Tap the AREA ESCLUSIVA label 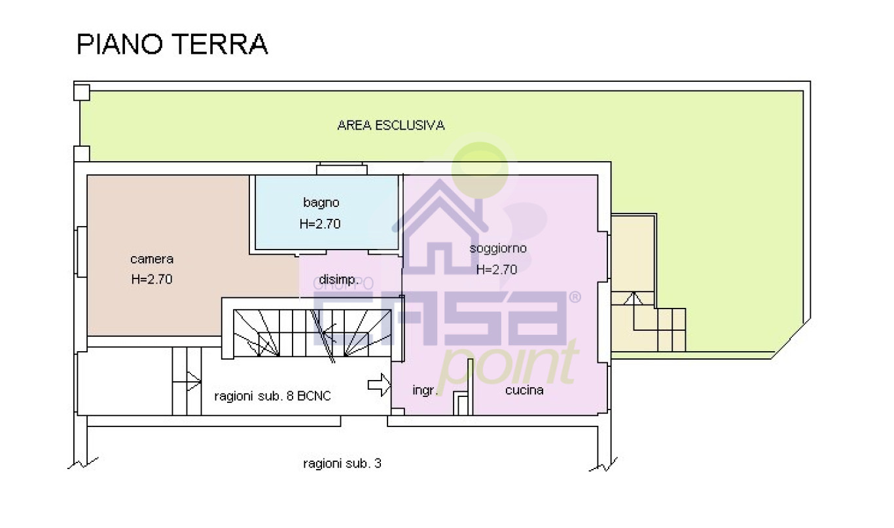click(x=391, y=125)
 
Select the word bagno click(x=321, y=202)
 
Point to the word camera click(x=152, y=259)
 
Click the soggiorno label click(x=497, y=248)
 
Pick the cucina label click(x=524, y=390)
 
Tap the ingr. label click(x=425, y=390)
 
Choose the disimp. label click(x=338, y=280)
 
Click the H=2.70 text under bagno click(x=319, y=223)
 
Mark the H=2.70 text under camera click(x=152, y=279)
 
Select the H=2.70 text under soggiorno click(x=497, y=269)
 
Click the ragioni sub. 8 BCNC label click(x=273, y=396)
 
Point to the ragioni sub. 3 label click(x=342, y=463)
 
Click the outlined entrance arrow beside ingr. click(x=379, y=385)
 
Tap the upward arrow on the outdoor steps click(x=634, y=311)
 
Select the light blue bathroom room click(x=327, y=212)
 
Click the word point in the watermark click(x=508, y=368)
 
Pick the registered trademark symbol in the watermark click(x=575, y=297)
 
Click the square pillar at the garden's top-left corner click(x=82, y=92)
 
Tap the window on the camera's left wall click(x=81, y=252)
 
